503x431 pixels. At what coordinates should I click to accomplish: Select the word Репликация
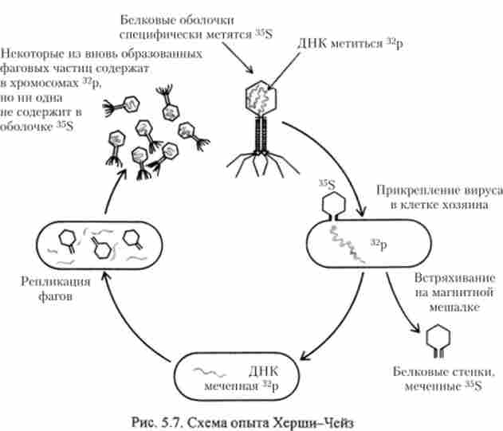click(56, 282)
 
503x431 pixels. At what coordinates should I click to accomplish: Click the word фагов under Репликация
click(56, 297)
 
